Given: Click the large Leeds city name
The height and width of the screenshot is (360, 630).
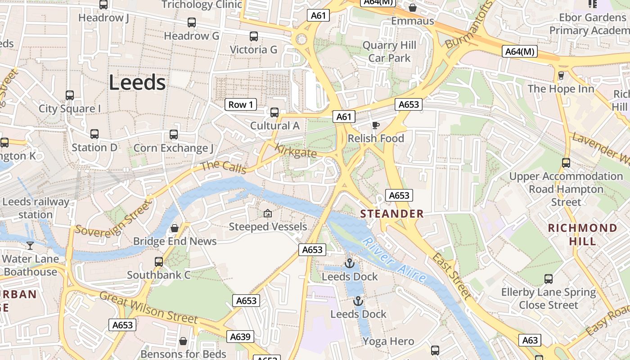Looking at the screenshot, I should coord(137,83).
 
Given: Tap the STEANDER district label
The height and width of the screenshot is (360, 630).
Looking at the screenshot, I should coord(392,214).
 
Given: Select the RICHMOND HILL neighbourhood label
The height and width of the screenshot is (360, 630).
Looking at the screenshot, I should coord(582,234).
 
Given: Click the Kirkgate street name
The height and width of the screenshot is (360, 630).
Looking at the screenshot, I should coord(296,151).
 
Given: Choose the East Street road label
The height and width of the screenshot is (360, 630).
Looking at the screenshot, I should coord(452,276).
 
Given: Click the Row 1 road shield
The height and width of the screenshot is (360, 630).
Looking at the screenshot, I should coord(241,105).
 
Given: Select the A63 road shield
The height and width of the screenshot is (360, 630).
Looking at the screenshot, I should coord(530,340).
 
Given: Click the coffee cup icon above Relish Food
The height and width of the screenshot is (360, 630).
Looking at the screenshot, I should coord(376,125).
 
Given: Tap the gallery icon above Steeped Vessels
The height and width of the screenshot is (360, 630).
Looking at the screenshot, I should coord(268,213).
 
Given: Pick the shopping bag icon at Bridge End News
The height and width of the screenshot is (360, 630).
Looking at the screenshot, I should coord(175,228).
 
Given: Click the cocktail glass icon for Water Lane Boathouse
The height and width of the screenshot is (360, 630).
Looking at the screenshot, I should coord(30,245).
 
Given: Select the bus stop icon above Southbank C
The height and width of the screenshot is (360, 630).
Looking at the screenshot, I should coord(158,261).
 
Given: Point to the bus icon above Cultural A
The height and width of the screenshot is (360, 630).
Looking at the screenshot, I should coord(274,112).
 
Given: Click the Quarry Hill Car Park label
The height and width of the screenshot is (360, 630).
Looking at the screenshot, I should coord(389,52).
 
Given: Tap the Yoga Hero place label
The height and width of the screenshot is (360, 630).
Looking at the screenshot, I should coord(388,341).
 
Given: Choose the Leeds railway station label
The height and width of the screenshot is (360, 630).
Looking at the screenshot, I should coord(36,208).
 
